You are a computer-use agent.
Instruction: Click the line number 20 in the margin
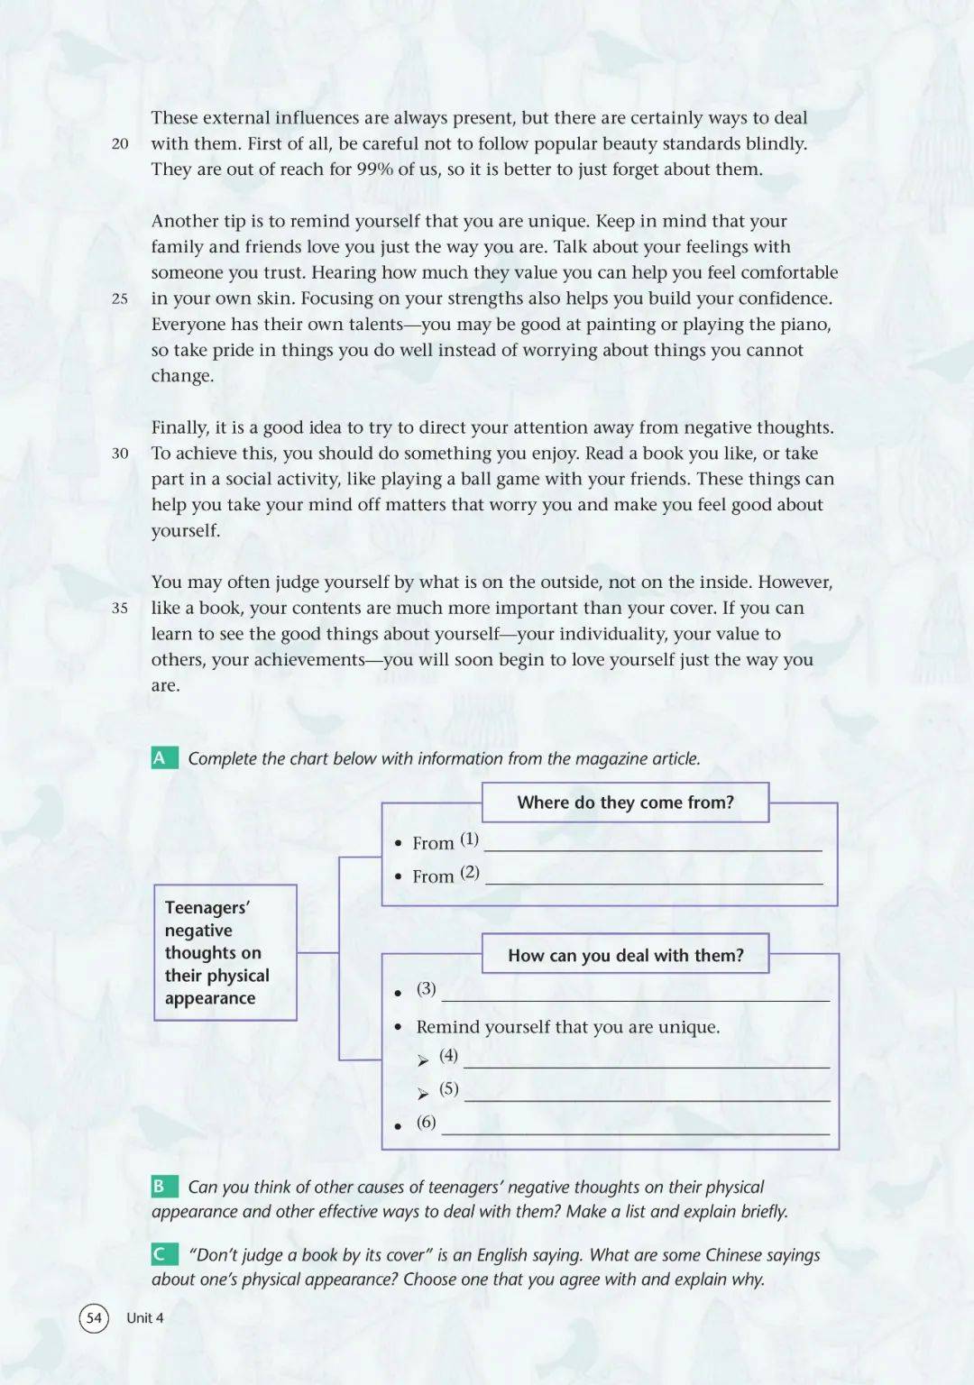tap(120, 143)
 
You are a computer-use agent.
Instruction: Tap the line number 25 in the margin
tap(120, 298)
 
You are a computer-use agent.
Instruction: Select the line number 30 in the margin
tap(120, 454)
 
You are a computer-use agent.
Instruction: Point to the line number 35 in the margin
tap(120, 609)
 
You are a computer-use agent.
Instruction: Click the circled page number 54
tap(94, 1318)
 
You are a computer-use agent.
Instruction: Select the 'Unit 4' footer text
tap(145, 1318)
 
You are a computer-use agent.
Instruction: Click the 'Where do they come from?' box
tap(625, 803)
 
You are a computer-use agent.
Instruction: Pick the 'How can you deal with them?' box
tap(625, 955)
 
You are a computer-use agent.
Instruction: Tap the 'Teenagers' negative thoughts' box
tap(225, 952)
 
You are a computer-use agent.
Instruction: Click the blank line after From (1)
tap(653, 848)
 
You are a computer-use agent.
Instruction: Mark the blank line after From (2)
tap(653, 881)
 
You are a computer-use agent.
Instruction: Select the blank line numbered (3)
tap(635, 998)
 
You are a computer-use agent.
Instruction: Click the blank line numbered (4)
tap(646, 1065)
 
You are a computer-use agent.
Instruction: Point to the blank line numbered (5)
tap(646, 1098)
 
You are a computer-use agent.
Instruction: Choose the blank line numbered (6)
tap(635, 1132)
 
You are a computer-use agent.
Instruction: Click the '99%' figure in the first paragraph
tap(375, 170)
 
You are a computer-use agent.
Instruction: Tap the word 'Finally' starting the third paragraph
tap(179, 428)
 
